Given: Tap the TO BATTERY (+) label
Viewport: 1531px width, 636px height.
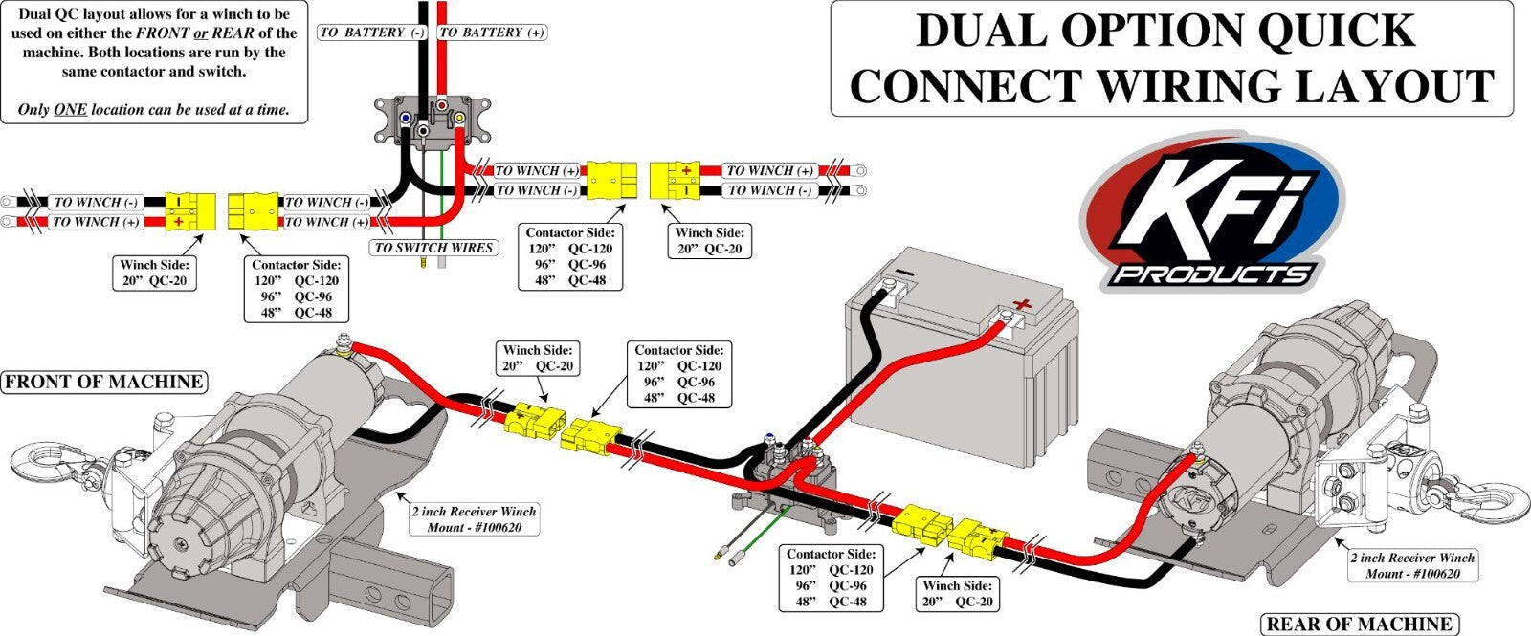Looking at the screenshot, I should tap(492, 33).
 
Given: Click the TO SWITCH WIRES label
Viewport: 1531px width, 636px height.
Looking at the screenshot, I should tap(433, 248).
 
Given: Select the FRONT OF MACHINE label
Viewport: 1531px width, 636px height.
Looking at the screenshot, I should tap(103, 383).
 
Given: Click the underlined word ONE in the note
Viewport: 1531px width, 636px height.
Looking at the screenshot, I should tap(70, 110).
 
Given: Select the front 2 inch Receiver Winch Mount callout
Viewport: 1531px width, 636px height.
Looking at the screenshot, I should tap(474, 519).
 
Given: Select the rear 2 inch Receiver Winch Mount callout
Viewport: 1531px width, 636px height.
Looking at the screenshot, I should tap(1412, 565).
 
